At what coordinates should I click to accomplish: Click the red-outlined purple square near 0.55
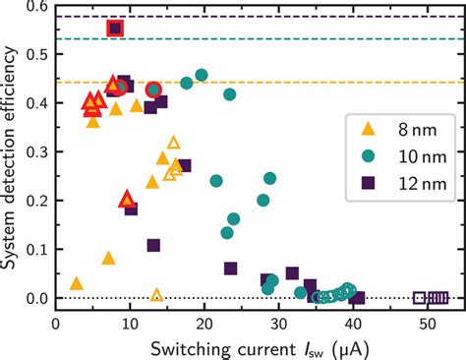pos(115,29)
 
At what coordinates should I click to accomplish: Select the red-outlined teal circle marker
pos(153,90)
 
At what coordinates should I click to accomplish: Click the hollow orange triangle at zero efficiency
pos(156,295)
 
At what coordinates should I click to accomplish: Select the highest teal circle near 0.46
pos(202,75)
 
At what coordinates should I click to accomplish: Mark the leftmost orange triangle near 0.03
pos(77,283)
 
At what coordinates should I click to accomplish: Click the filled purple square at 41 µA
pos(359,298)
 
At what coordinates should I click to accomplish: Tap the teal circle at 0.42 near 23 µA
pos(230,94)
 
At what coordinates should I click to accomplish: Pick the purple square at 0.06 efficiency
pos(231,269)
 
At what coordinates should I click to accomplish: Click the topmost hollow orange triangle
pos(174,143)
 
